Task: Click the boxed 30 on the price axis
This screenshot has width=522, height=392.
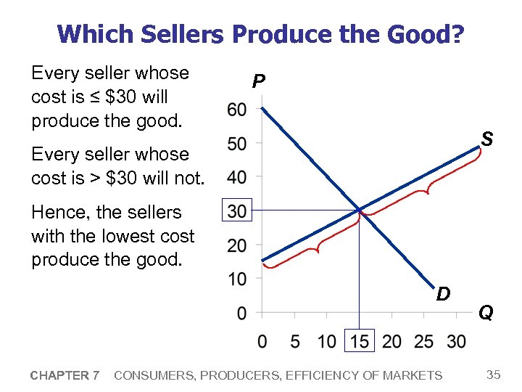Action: pyautogui.click(x=237, y=211)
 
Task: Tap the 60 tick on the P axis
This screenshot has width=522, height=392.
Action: pyautogui.click(x=237, y=110)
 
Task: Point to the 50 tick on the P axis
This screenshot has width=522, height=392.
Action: pyautogui.click(x=237, y=144)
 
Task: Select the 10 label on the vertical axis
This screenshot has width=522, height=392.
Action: pyautogui.click(x=237, y=279)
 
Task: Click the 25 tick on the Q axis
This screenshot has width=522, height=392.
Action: pyautogui.click(x=424, y=341)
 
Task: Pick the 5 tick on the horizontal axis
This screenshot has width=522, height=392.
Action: pyautogui.click(x=294, y=341)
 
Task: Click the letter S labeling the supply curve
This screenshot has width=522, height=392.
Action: pyautogui.click(x=488, y=138)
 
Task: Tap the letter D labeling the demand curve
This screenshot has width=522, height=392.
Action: pyautogui.click(x=444, y=294)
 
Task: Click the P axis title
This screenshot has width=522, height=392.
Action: pyautogui.click(x=257, y=81)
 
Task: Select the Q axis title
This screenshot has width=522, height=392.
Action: pyautogui.click(x=486, y=313)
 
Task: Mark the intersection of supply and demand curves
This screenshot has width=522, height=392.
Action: pyautogui.click(x=360, y=211)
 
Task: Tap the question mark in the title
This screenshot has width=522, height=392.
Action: pyautogui.click(x=458, y=33)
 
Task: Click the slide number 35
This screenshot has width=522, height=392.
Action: pyautogui.click(x=494, y=375)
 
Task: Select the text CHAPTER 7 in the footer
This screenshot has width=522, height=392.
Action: pyautogui.click(x=65, y=375)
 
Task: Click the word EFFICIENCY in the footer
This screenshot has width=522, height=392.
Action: pyautogui.click(x=323, y=375)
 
